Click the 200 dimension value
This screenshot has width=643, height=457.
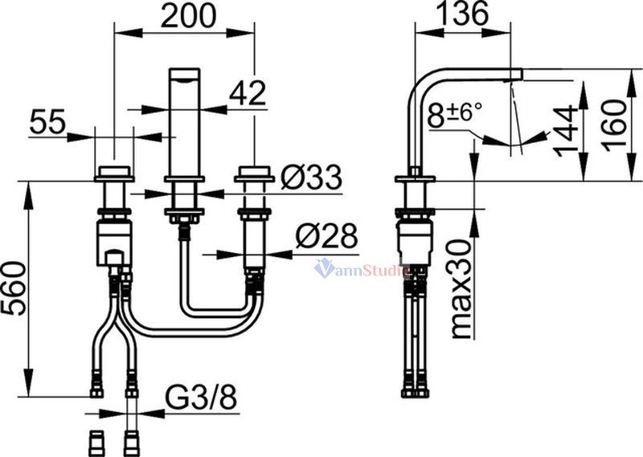point(188,16)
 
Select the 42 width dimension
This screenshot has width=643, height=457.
point(248,92)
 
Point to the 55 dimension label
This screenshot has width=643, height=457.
point(47,122)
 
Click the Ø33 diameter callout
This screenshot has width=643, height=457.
point(311,177)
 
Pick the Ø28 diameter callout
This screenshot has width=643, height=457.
point(326,236)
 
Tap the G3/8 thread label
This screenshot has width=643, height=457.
point(201,398)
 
